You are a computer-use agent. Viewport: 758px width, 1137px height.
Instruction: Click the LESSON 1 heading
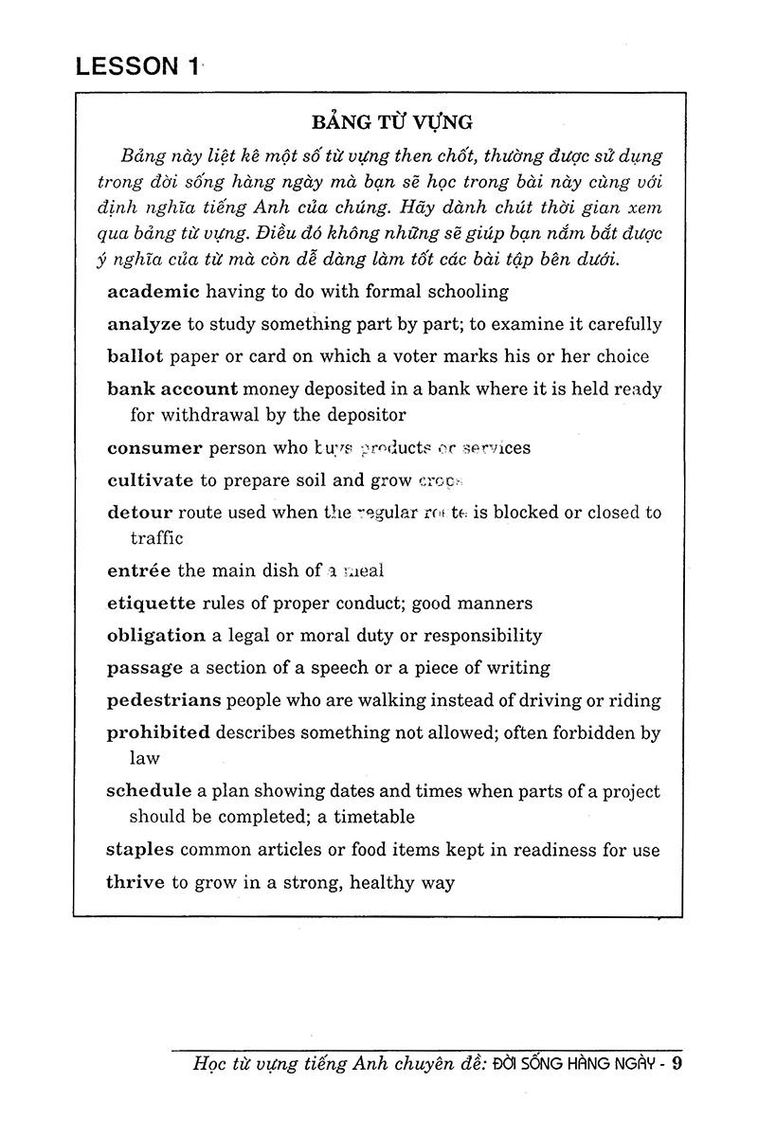(x=137, y=66)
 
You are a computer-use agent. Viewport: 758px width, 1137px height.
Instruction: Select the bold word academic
(x=153, y=292)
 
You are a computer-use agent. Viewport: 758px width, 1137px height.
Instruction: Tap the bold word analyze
(x=144, y=324)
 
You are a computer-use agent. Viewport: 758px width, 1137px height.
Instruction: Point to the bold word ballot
(x=135, y=356)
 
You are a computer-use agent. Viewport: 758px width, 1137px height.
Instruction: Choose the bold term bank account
(x=171, y=388)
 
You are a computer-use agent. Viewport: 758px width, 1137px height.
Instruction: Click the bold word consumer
(x=154, y=448)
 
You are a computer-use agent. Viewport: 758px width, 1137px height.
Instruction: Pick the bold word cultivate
(x=150, y=480)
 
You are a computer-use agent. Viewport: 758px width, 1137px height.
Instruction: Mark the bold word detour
(x=139, y=513)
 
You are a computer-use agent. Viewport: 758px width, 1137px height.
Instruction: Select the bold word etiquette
(x=151, y=603)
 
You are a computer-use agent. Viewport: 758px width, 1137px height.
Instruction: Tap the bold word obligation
(x=156, y=635)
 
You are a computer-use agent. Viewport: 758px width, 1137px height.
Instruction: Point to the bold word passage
(x=144, y=667)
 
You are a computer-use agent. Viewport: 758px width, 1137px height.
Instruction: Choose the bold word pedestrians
(x=164, y=700)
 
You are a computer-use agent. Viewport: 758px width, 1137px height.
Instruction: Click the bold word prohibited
(x=157, y=732)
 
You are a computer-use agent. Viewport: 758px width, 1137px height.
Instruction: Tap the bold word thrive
(x=135, y=883)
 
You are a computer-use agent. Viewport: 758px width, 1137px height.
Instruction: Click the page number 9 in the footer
(x=677, y=1063)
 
